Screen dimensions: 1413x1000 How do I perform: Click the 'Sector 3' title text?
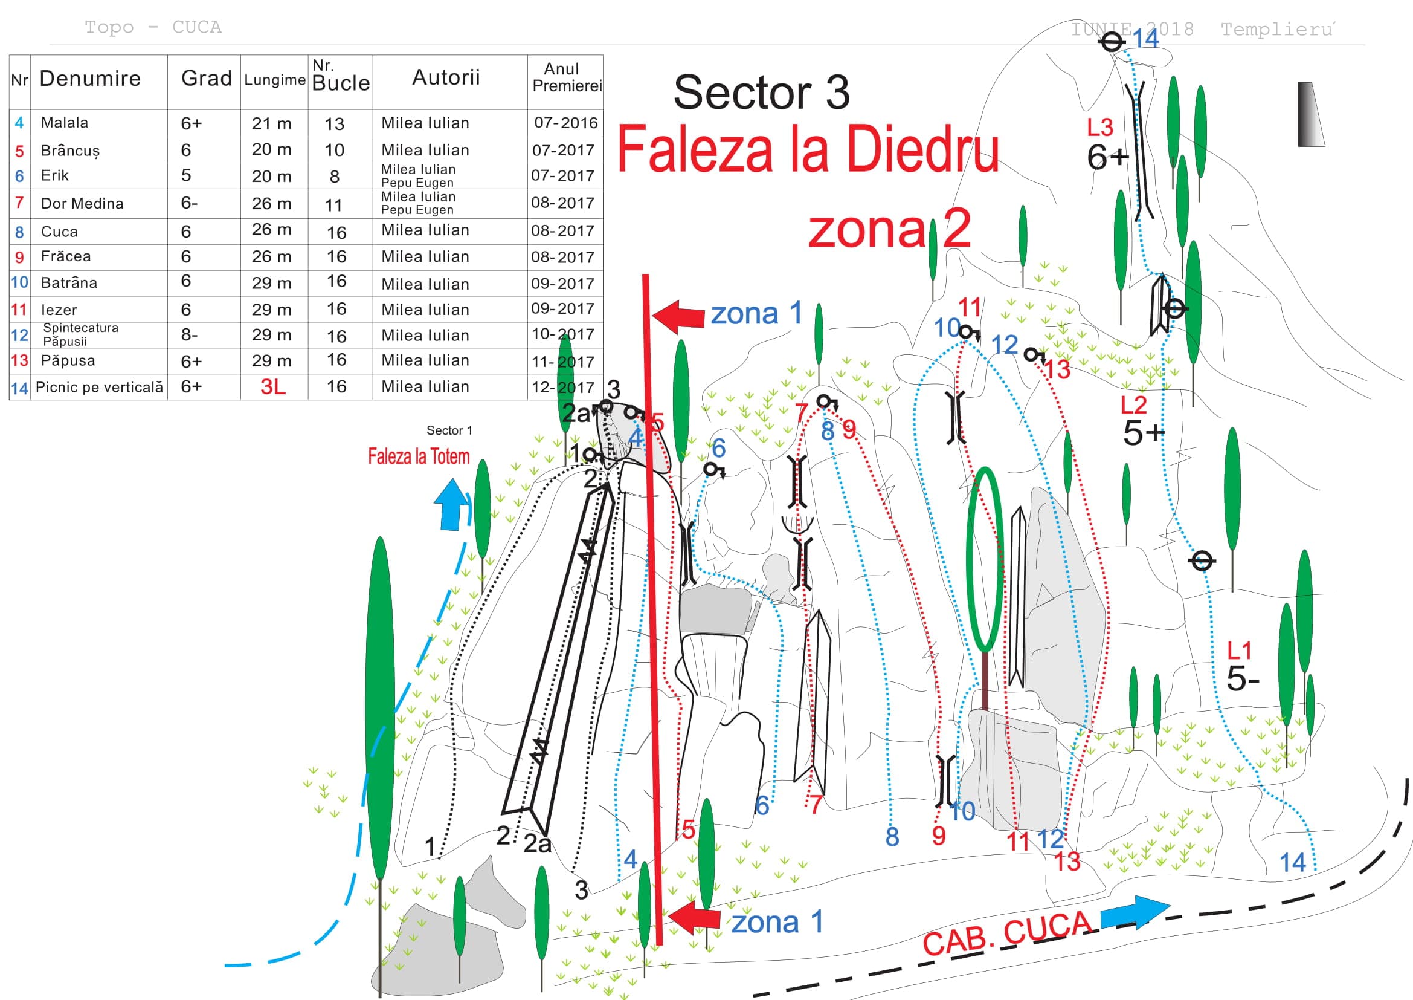coord(761,93)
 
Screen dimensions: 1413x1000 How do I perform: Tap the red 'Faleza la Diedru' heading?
coord(808,149)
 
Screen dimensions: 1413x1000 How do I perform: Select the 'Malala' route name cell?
coord(65,123)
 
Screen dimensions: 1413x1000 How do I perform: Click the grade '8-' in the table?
coord(189,334)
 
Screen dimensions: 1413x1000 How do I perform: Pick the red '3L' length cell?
coord(272,387)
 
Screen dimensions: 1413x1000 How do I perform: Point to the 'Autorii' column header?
coord(446,77)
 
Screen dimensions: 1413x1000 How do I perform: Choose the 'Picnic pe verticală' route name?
coord(100,387)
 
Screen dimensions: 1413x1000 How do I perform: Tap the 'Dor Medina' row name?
coord(82,203)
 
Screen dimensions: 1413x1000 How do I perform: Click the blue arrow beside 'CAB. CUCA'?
coord(1135,912)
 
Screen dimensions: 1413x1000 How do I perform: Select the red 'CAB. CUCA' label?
coord(1008,933)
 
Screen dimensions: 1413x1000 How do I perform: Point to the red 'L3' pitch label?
coord(1099,128)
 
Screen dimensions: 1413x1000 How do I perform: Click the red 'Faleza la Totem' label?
coord(419,456)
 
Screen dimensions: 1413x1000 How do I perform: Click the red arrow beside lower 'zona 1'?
coord(694,918)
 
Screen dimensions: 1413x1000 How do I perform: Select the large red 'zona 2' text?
coord(890,229)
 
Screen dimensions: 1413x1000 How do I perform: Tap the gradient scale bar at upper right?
coord(1310,114)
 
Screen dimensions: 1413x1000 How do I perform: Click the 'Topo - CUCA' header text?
coord(153,27)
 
